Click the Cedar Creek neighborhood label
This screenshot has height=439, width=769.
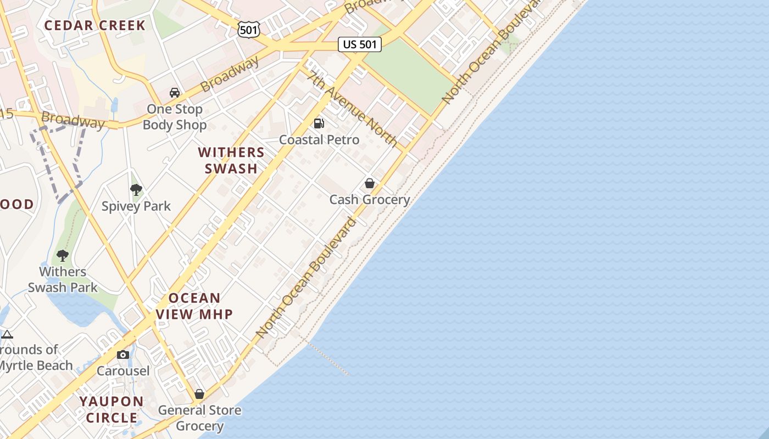coord(94,25)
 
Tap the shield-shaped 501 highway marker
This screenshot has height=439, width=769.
coord(249,30)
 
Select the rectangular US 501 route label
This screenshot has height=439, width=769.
coord(360,44)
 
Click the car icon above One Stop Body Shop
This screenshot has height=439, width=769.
coord(175,93)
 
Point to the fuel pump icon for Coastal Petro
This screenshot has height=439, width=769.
coord(319,123)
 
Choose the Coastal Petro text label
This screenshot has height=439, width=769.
coord(319,140)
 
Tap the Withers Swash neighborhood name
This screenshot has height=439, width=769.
coord(231,160)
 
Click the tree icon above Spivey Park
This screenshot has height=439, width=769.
coord(136,190)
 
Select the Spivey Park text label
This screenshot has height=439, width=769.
coord(136,206)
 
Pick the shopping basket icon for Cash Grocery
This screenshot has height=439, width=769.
coord(370,183)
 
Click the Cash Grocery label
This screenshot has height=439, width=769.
coord(370,200)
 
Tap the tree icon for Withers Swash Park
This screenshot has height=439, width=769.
coord(63,255)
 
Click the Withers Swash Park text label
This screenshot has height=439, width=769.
coord(63,279)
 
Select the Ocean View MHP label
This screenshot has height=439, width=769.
coord(194,306)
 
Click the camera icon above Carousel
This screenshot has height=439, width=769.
coord(123,354)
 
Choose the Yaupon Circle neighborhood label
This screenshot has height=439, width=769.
coord(112,409)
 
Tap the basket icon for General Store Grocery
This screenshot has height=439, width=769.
coord(199,394)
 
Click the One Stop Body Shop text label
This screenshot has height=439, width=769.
coord(175,117)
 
